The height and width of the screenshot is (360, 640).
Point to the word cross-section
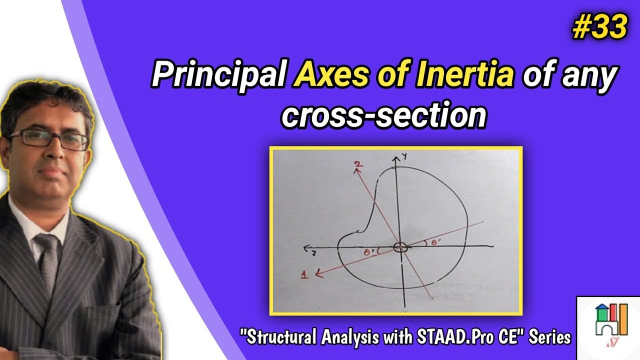[x=383, y=115]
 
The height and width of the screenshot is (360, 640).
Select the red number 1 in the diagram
[x=305, y=274]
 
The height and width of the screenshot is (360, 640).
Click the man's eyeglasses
[x=47, y=139]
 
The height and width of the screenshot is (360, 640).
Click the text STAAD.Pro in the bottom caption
[x=450, y=337]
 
